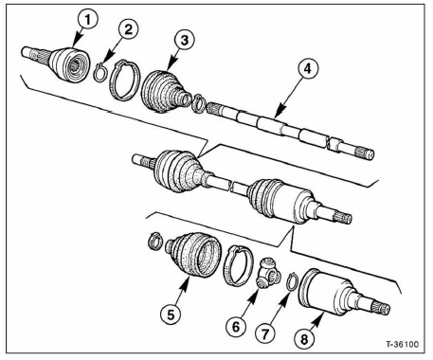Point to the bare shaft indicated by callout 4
pyautogui.click(x=284, y=125)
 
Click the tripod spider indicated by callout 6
pyautogui.click(x=267, y=279)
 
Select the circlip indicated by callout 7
pyautogui.click(x=293, y=281)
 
